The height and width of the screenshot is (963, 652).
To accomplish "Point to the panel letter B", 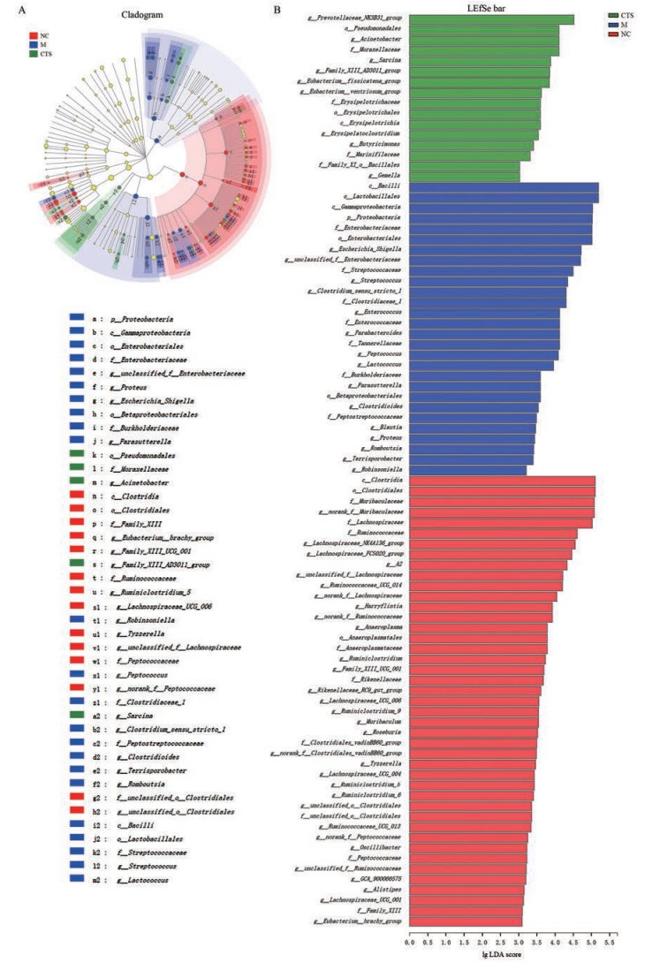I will [278, 10].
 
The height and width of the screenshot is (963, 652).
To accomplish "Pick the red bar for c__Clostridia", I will [502, 481].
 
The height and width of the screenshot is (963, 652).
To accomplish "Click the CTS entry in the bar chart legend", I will [625, 16].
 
